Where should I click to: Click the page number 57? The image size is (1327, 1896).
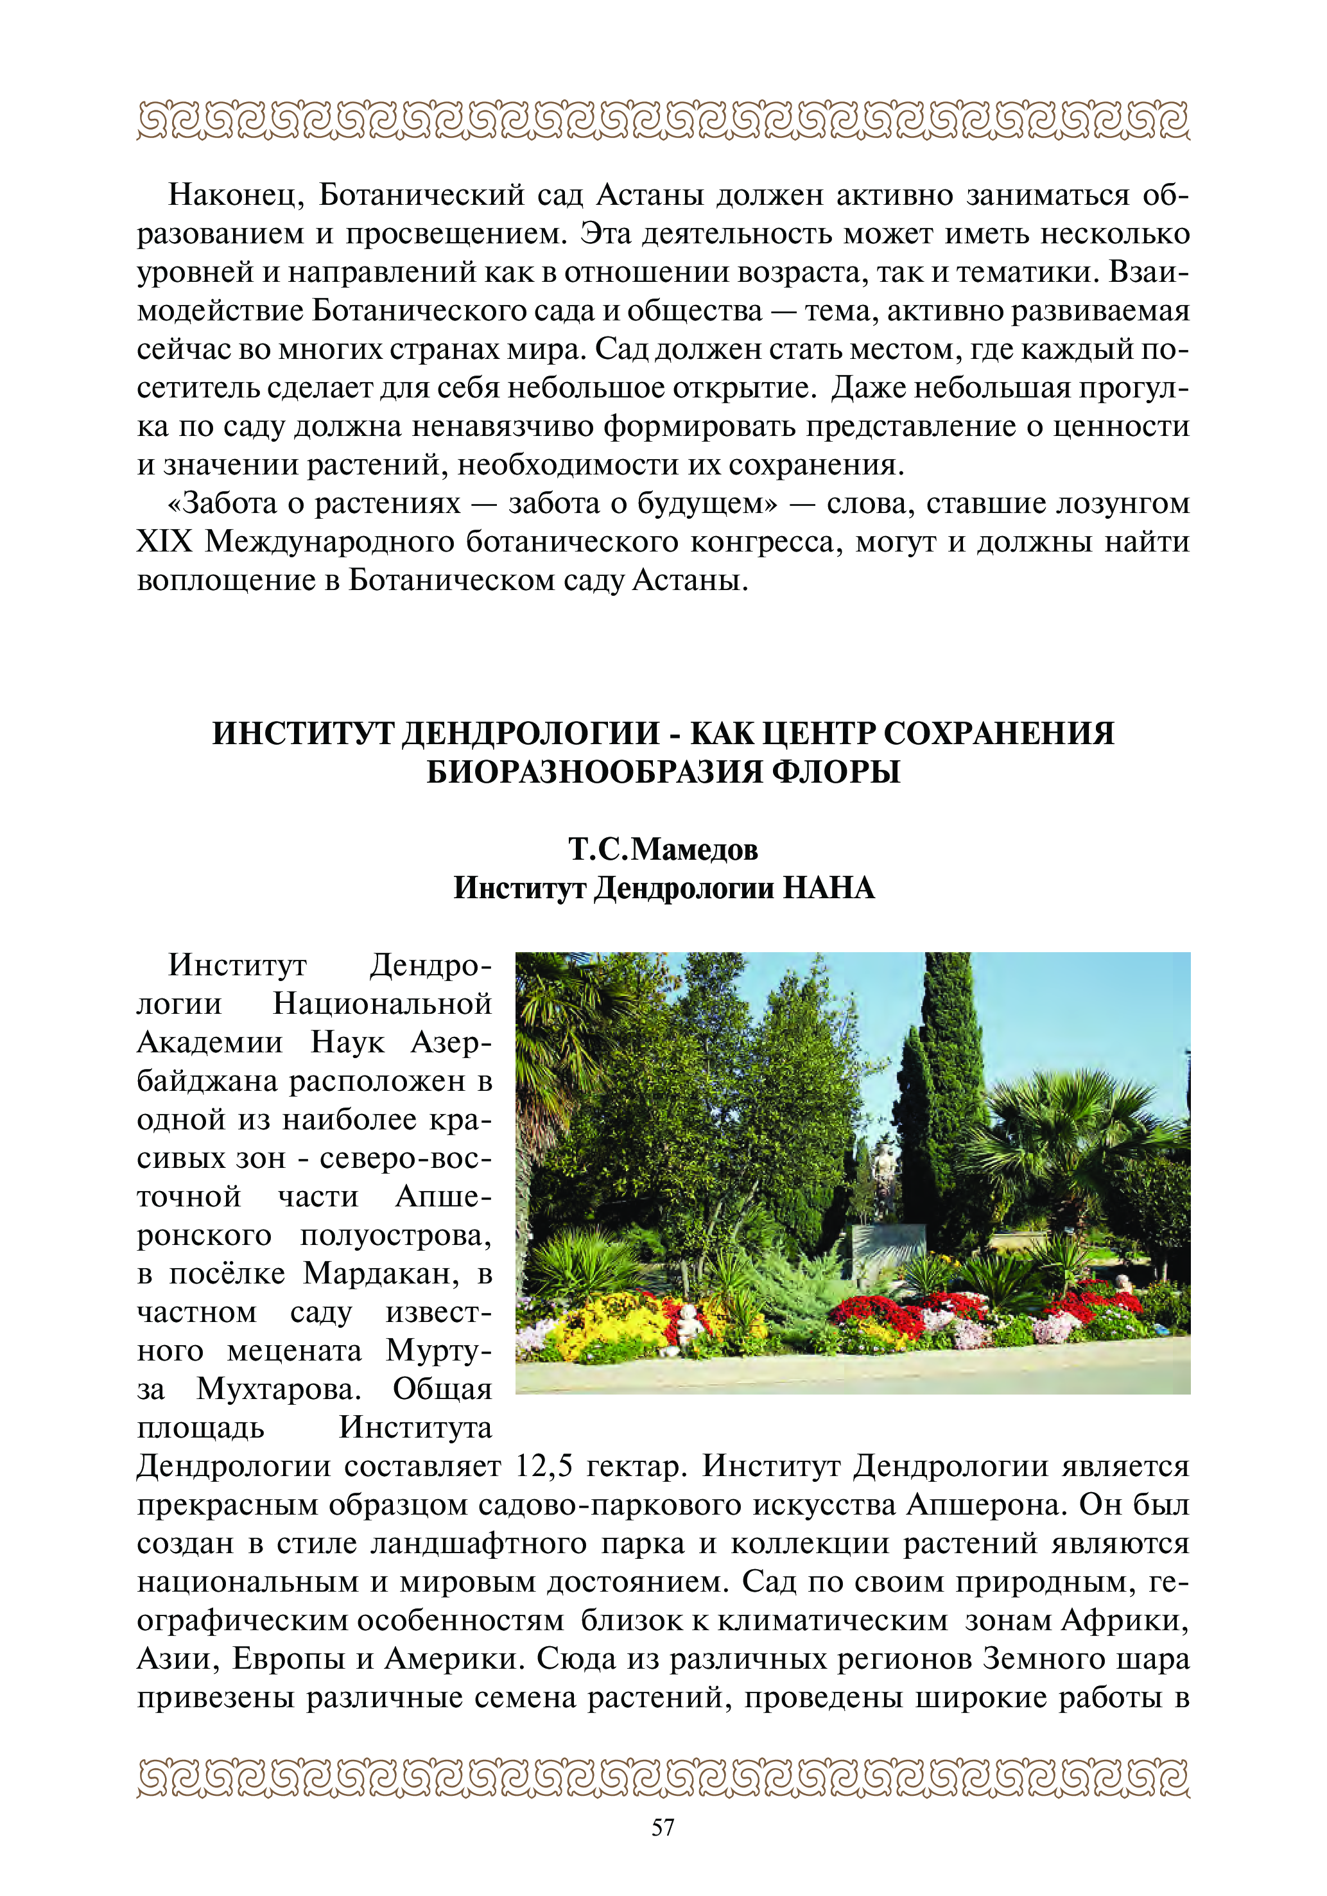pos(663,1827)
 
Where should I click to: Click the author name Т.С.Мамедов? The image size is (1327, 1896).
pos(663,848)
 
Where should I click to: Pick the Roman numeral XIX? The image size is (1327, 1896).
pos(164,543)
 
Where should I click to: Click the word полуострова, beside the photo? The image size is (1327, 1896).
pos(395,1235)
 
